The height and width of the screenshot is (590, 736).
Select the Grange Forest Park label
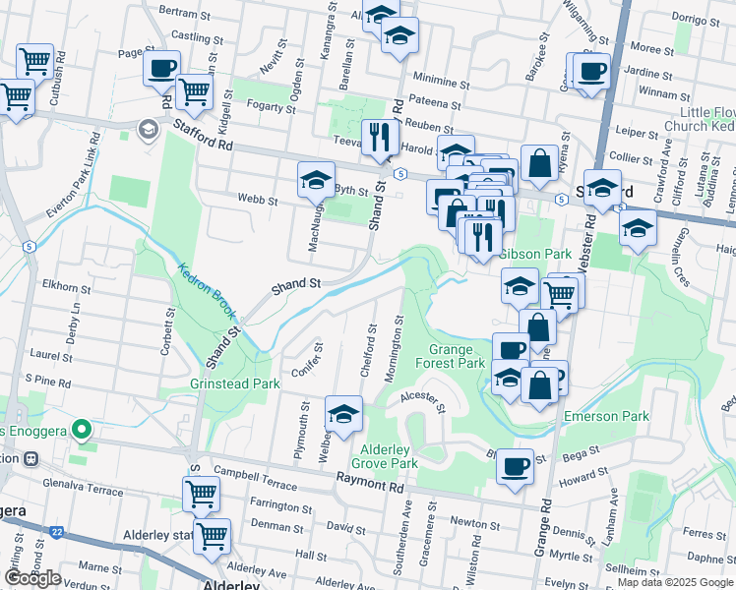[x=457, y=356]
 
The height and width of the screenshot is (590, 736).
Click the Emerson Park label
[x=606, y=416]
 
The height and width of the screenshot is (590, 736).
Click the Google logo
[x=32, y=578]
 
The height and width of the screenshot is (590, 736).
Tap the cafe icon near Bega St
[x=515, y=466]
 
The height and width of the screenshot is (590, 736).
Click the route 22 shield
[x=57, y=532]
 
